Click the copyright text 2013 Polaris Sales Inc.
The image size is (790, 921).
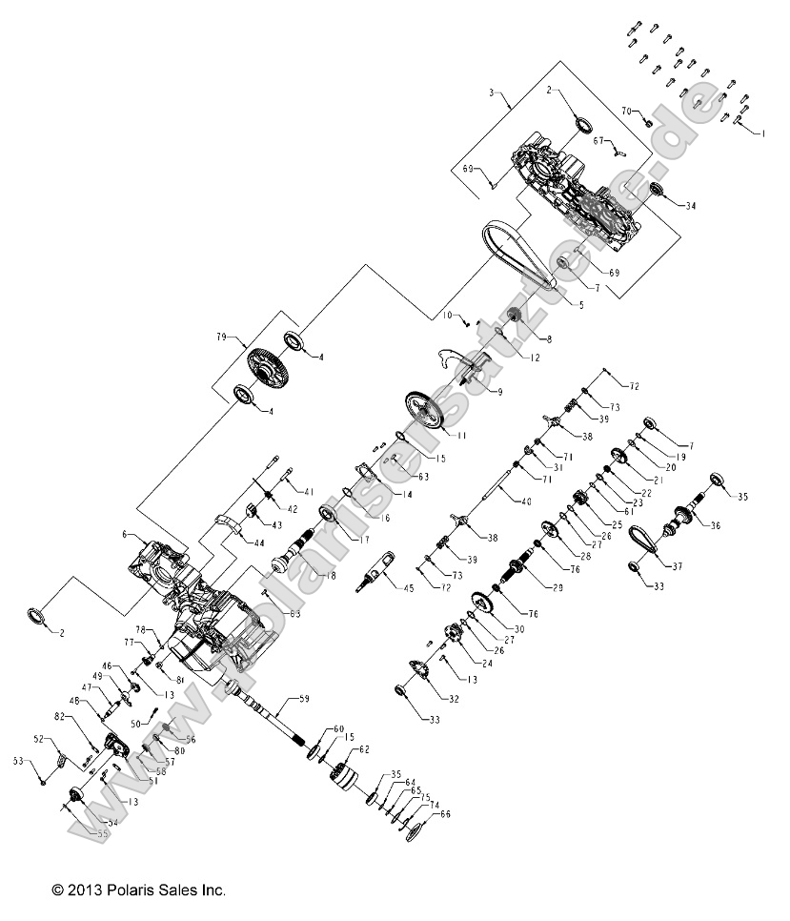click(139, 890)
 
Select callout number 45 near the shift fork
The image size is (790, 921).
click(408, 588)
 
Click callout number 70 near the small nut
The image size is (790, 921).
click(626, 112)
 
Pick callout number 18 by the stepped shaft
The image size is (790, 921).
click(330, 577)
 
